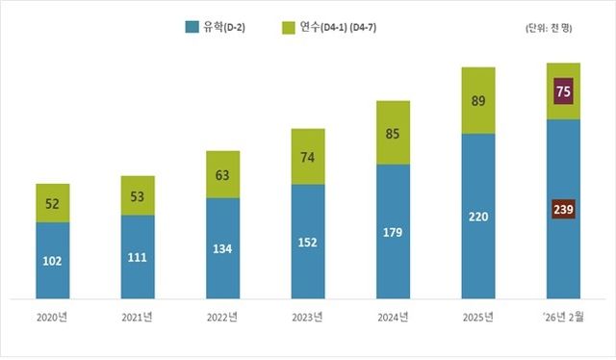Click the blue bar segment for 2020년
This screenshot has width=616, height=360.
click(x=53, y=260)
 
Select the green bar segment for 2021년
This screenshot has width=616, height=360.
click(x=138, y=195)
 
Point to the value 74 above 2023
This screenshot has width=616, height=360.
click(x=308, y=158)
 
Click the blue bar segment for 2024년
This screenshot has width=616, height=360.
click(x=393, y=231)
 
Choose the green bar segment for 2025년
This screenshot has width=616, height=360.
click(x=478, y=101)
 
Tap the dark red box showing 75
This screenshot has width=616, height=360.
click(x=563, y=91)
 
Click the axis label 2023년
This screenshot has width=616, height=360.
click(x=308, y=317)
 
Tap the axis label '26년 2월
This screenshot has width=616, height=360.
click(x=561, y=317)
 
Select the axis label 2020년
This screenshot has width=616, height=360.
click(x=53, y=317)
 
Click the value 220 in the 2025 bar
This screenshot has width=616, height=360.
click(x=478, y=218)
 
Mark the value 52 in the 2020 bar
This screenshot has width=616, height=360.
click(x=53, y=203)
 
